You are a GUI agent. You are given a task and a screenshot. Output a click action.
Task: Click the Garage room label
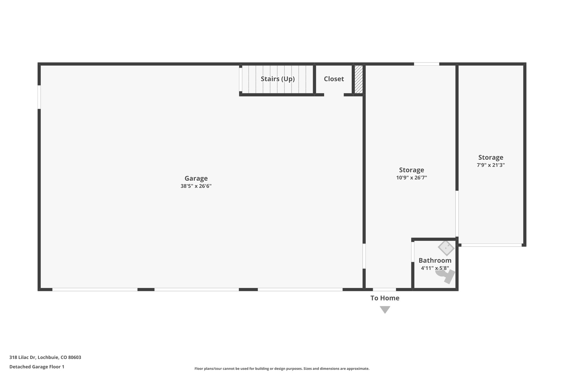(196, 178)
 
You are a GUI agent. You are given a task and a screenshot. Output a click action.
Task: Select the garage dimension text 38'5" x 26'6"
(196, 186)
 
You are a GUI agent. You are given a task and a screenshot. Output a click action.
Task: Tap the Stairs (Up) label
(278, 79)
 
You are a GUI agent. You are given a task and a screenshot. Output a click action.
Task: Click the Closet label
(334, 79)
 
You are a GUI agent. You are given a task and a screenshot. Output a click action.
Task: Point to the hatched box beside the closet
(358, 79)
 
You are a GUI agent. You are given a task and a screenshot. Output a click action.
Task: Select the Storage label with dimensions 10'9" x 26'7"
(411, 170)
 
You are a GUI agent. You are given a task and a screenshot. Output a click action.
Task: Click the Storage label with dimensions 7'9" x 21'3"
(490, 158)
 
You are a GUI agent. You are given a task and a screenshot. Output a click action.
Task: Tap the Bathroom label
(435, 260)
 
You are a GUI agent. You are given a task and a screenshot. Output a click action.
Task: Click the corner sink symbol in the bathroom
(446, 248)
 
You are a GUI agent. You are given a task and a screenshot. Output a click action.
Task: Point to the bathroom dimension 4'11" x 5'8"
(435, 268)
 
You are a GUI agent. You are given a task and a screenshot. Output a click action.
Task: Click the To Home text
(385, 298)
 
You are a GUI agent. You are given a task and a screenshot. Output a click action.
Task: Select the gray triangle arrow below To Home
(385, 309)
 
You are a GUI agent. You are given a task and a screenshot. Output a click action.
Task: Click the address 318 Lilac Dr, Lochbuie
(45, 357)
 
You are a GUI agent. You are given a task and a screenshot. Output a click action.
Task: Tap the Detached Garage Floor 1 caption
(37, 367)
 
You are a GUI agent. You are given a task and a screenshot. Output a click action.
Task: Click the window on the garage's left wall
(39, 97)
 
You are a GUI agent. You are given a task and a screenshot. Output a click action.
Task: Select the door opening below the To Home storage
(384, 289)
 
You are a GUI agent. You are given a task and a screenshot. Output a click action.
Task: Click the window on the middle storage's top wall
(426, 64)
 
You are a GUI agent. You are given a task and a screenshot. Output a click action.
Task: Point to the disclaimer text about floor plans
(282, 369)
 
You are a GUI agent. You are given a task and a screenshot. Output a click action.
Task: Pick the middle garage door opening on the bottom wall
(196, 289)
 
